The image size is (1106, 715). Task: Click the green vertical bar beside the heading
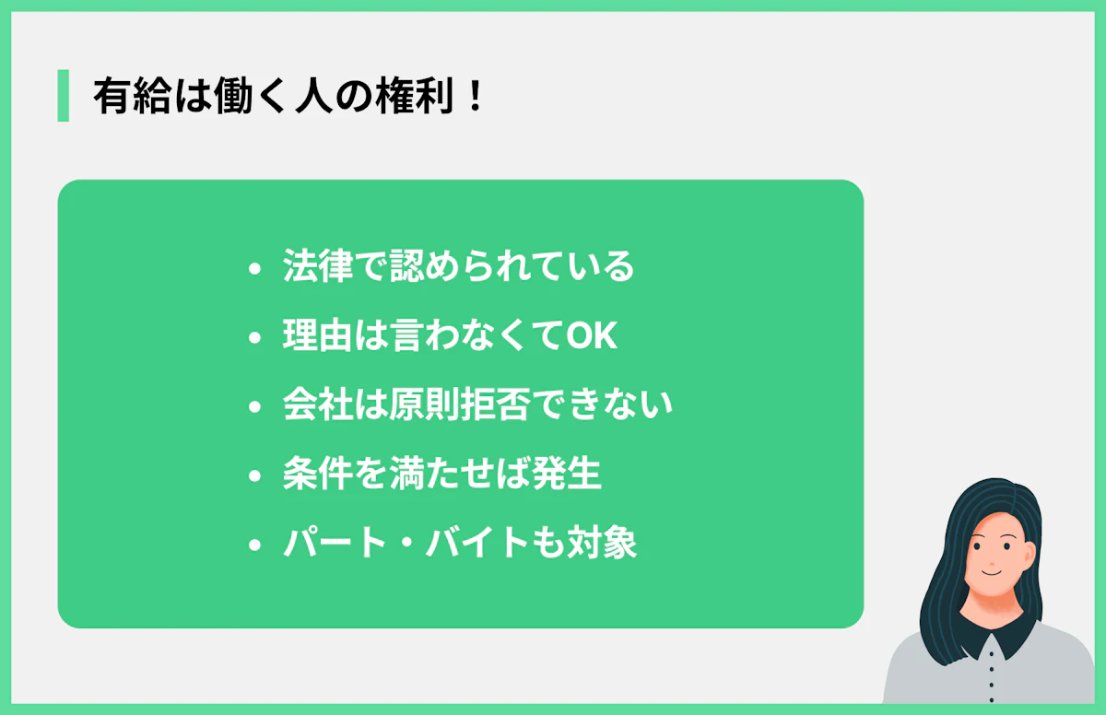(63, 95)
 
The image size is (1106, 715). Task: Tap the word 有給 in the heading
(126, 96)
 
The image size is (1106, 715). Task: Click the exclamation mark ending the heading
(475, 96)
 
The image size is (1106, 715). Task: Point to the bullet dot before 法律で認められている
(255, 269)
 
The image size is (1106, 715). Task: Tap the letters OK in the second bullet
(591, 337)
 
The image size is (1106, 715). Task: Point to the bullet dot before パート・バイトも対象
(255, 546)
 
